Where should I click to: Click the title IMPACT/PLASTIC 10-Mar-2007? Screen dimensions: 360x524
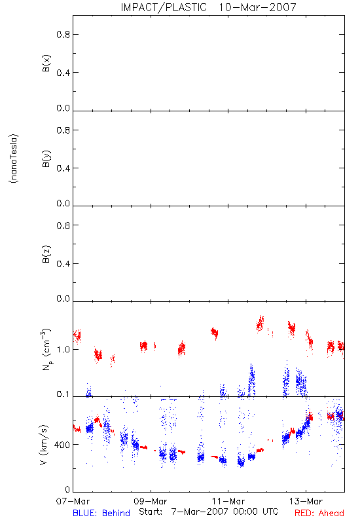[208, 7]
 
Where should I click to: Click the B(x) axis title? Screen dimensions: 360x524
[46, 63]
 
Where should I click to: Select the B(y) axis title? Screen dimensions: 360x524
[46, 159]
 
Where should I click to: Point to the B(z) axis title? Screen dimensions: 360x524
[46, 254]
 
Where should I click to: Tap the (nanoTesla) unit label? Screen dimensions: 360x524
[14, 159]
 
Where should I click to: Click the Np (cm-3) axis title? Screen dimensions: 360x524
[46, 350]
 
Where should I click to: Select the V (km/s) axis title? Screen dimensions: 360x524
[44, 445]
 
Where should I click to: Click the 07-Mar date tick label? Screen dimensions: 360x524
[73, 501]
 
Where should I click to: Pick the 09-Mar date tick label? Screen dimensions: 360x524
[151, 501]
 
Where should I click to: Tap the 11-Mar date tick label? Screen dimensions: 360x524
[228, 501]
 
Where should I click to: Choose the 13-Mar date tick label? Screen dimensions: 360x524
[306, 501]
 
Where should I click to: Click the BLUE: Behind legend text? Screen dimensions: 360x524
[101, 513]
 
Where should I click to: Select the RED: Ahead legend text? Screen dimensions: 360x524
[319, 513]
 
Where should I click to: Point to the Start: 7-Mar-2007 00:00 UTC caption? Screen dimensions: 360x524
[209, 512]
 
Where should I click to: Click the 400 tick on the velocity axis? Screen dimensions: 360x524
[63, 445]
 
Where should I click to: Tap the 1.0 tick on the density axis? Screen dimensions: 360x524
[63, 350]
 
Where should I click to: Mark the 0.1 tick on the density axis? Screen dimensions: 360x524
[63, 394]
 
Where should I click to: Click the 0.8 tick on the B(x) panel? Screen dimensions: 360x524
[63, 35]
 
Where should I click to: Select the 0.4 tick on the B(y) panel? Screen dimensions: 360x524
[63, 168]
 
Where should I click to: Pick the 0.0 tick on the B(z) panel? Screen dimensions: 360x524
[63, 299]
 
